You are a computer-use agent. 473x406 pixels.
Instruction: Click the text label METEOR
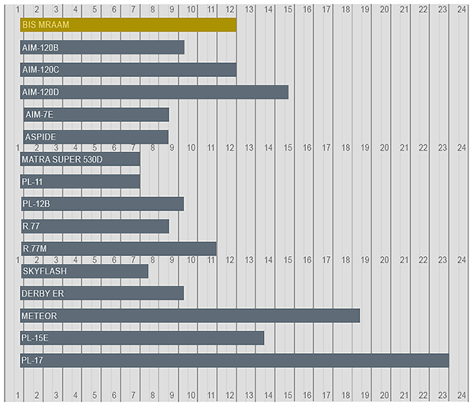click(x=39, y=316)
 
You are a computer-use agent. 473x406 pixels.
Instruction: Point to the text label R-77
click(x=32, y=227)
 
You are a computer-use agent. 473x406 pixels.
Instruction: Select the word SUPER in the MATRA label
click(x=65, y=159)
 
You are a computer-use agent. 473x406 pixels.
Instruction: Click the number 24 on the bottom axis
click(x=461, y=394)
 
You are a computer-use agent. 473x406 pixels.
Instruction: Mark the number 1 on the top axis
click(x=18, y=9)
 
